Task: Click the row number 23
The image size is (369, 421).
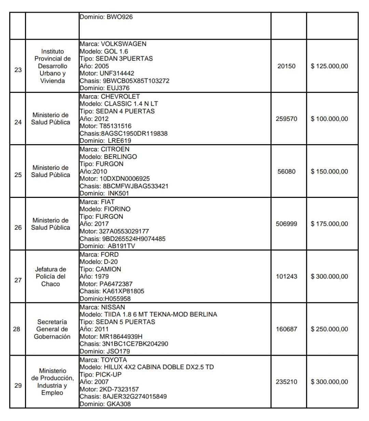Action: click(18, 70)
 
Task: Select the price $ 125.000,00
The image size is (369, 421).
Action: click(329, 66)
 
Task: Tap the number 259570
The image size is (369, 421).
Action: click(286, 119)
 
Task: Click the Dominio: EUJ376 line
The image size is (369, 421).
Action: click(105, 88)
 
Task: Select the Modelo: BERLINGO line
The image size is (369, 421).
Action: click(108, 157)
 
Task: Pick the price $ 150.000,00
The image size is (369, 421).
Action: click(329, 172)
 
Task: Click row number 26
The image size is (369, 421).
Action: click(18, 228)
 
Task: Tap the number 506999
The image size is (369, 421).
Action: click(286, 224)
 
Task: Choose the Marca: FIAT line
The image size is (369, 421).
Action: click(97, 202)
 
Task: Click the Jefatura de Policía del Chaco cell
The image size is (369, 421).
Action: click(51, 277)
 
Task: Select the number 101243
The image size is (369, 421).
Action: click(286, 277)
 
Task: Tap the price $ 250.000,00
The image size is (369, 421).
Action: click(329, 329)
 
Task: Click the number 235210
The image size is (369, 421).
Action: click(286, 382)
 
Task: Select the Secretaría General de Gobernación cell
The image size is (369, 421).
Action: click(52, 329)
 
